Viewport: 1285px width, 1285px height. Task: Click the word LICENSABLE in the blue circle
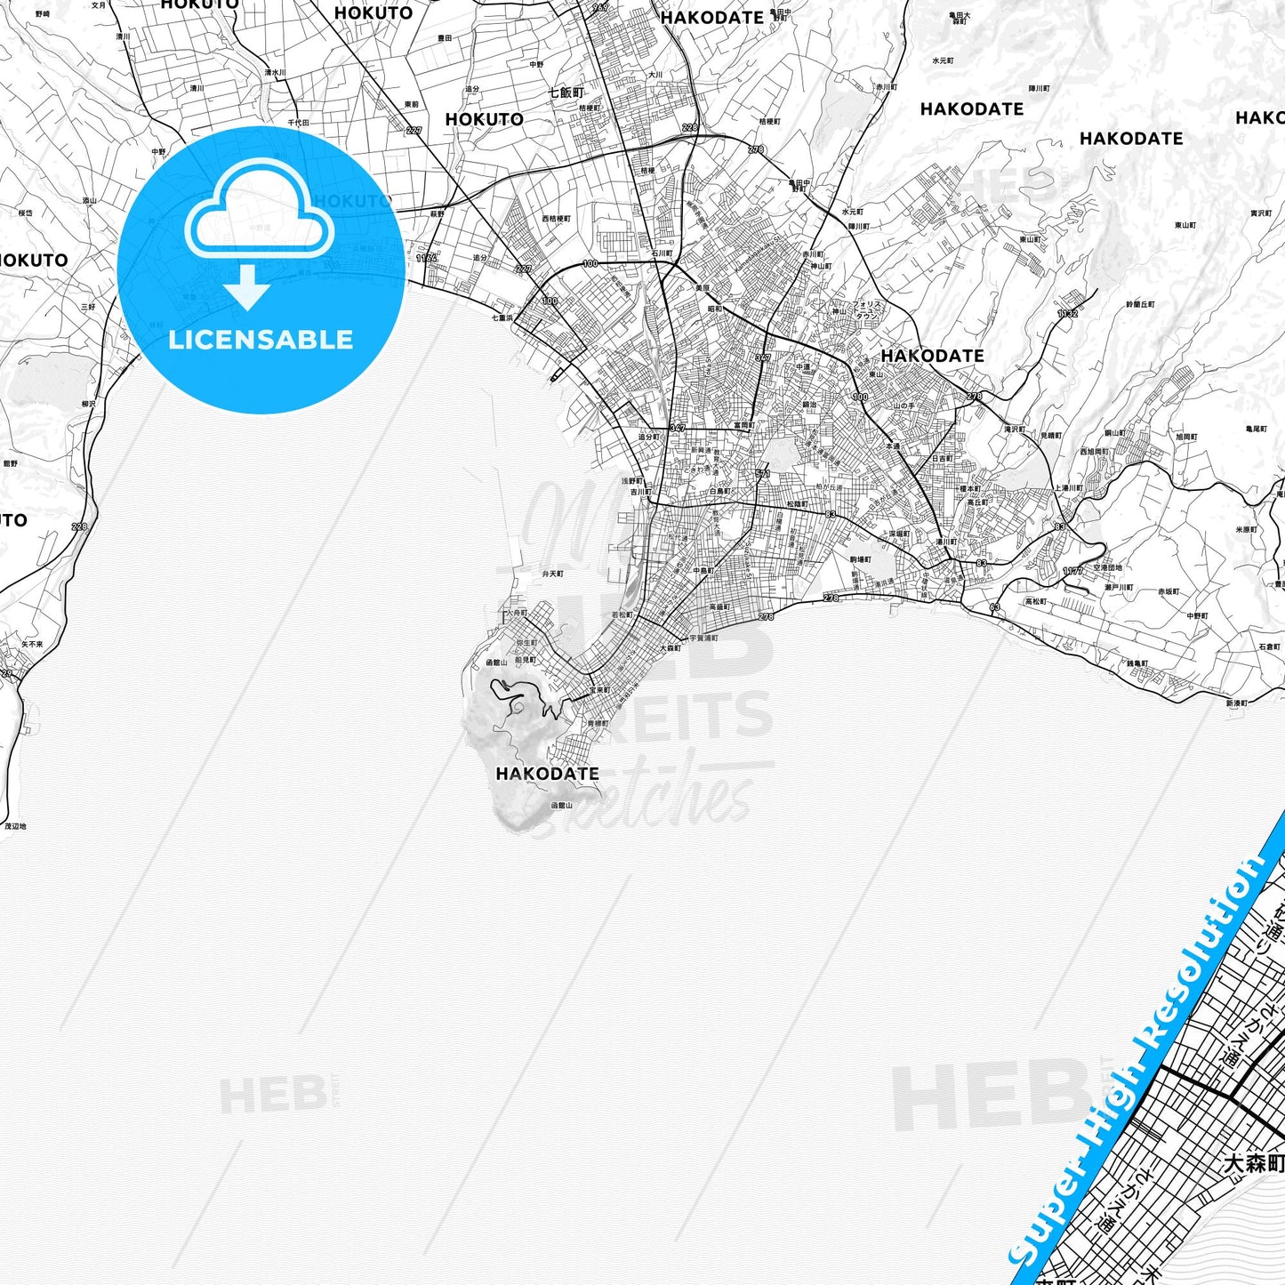[261, 340]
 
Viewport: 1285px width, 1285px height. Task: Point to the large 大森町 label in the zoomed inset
[1253, 1164]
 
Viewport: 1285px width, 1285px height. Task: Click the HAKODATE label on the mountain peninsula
[547, 774]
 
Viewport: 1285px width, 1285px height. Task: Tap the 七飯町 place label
[566, 92]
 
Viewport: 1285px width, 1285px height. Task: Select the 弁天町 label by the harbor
[552, 574]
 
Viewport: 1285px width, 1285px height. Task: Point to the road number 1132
[1068, 313]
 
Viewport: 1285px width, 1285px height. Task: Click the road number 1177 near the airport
[1073, 571]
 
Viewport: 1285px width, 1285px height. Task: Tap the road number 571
[763, 474]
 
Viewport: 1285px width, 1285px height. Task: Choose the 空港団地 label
[1107, 567]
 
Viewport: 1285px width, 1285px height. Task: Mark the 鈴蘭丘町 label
[1140, 304]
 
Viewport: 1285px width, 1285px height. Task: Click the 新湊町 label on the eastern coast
[1236, 703]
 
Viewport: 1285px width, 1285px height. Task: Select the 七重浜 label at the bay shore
[502, 317]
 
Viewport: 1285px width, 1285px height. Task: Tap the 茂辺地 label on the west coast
[16, 826]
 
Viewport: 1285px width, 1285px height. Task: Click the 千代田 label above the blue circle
[298, 123]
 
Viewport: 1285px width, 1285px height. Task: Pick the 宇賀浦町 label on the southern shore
[703, 638]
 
